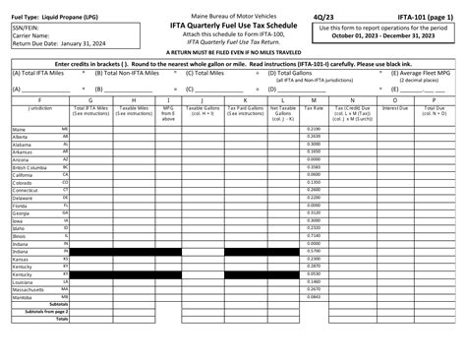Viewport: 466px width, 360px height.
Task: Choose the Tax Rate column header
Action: (314, 106)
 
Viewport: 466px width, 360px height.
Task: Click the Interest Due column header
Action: (394, 106)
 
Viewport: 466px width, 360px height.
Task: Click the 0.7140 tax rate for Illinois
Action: (314, 236)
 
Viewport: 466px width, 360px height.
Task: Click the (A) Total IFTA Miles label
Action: (37, 72)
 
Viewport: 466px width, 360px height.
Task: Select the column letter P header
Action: (435, 98)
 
